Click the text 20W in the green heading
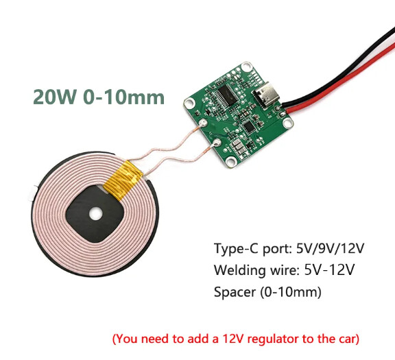(55, 97)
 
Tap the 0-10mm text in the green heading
(123, 97)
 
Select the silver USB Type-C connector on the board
(267, 94)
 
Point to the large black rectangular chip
(225, 96)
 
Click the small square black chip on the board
(250, 127)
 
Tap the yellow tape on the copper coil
(123, 180)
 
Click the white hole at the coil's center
(96, 214)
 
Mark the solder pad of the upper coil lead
(203, 123)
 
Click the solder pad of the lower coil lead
(217, 143)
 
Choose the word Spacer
(235, 292)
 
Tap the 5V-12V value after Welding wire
(329, 269)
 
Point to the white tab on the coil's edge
(32, 193)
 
